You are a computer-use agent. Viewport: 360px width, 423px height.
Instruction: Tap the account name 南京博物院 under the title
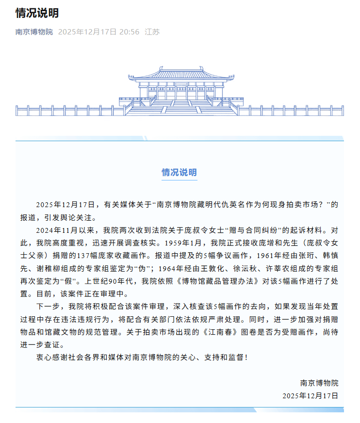pos(34,32)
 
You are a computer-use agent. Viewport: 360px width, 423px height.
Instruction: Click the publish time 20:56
pos(129,32)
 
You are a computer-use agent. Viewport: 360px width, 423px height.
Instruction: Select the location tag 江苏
pos(152,32)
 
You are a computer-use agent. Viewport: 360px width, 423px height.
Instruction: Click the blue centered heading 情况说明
pos(180,173)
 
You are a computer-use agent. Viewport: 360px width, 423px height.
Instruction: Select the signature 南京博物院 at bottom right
pos(319,383)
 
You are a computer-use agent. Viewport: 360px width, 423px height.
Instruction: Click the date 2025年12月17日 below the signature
pos(310,396)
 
